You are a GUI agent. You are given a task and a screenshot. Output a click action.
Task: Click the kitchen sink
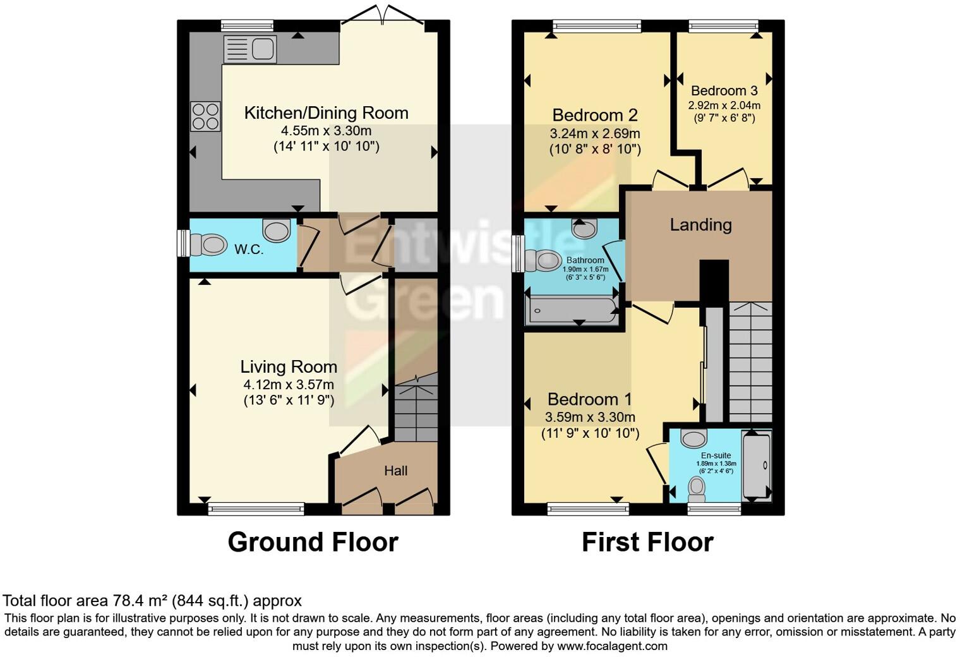coord(250,49)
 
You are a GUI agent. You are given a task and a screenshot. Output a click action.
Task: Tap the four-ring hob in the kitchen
coord(205,116)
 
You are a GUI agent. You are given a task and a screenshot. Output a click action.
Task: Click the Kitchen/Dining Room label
coord(326,113)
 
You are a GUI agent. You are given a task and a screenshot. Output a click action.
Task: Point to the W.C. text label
coord(249,250)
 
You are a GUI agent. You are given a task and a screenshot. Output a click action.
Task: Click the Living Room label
coord(289,367)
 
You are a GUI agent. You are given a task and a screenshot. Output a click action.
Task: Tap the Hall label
coord(396,471)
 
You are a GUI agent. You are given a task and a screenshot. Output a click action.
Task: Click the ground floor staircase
coord(416,407)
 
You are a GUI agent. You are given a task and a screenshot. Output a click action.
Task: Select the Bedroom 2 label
coord(595,115)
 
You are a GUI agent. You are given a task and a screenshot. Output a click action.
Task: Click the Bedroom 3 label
coord(724,91)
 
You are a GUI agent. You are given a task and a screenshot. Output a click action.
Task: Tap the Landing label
coord(700,225)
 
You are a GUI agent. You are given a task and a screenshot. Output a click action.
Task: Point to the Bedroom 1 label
coord(590,399)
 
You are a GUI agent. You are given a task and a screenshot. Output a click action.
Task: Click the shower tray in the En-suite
coord(756,465)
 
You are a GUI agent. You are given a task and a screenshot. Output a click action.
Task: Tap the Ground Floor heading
coord(313,542)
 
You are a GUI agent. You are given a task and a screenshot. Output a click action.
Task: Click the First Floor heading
coord(647,542)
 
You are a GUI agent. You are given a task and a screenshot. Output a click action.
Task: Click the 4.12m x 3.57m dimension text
coord(289,384)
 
